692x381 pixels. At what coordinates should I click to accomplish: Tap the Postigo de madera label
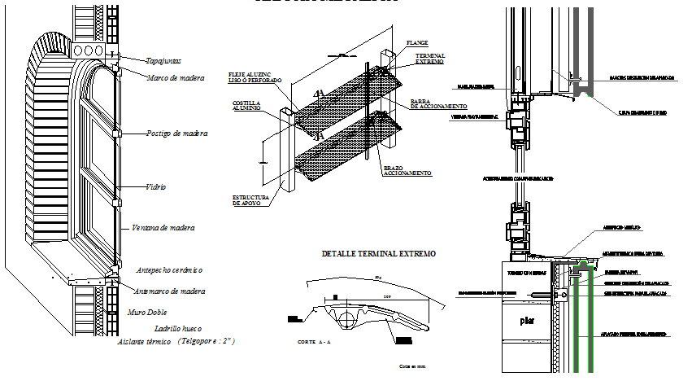click(x=176, y=133)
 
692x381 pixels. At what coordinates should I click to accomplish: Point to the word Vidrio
click(x=155, y=186)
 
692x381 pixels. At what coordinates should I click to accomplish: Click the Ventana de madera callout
click(x=163, y=228)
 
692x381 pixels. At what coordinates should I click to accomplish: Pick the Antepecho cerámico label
click(x=168, y=269)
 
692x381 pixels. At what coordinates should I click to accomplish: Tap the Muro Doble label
click(x=148, y=312)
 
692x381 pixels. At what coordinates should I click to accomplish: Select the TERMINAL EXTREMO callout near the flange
click(x=429, y=59)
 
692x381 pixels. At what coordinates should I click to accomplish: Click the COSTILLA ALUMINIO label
click(x=246, y=106)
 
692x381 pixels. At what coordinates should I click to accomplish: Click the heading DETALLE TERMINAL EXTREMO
click(x=378, y=254)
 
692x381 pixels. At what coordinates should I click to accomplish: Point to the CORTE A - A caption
click(x=316, y=343)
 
